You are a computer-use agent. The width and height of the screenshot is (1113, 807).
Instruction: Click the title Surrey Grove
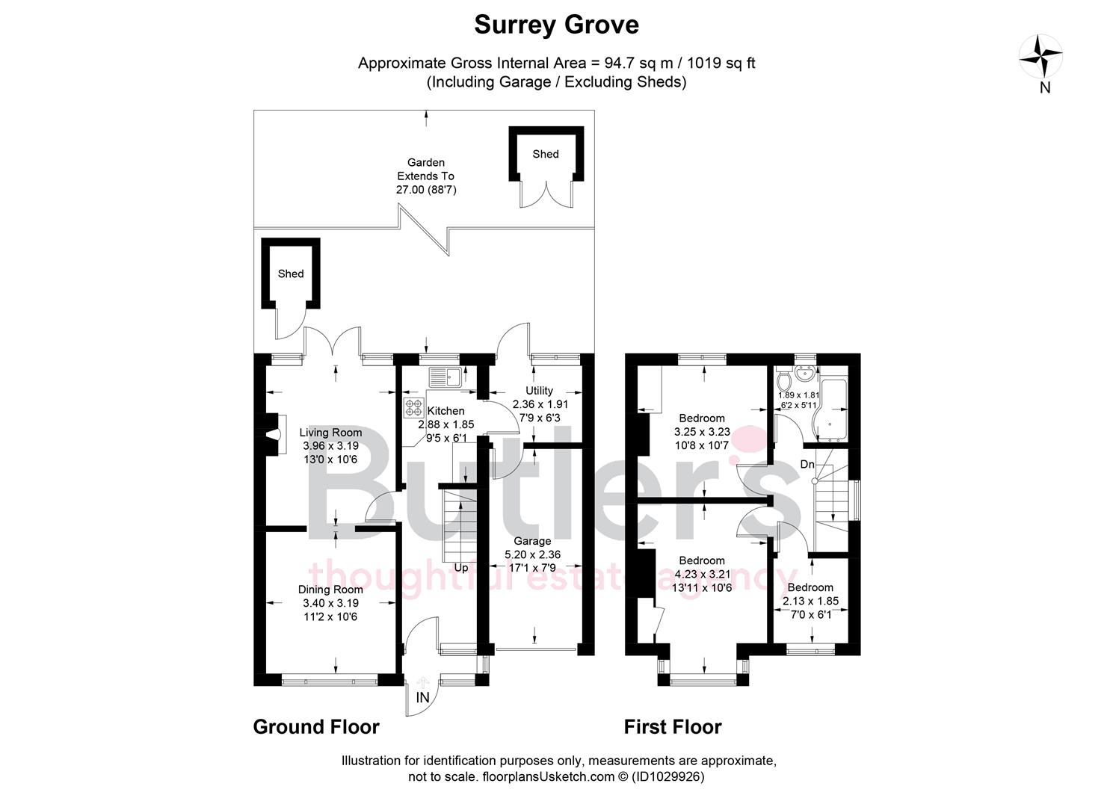[x=556, y=25]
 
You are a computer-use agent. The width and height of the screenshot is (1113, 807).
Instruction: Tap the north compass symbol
[x=1041, y=58]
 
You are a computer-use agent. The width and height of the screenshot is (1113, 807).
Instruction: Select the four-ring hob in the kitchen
[x=413, y=408]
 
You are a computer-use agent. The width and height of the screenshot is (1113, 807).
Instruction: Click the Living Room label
[x=330, y=433]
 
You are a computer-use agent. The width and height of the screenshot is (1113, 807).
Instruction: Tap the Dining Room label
[x=330, y=590]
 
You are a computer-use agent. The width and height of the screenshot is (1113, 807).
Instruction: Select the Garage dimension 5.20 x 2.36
[x=532, y=554]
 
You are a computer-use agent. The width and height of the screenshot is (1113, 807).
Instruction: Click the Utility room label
[x=539, y=391]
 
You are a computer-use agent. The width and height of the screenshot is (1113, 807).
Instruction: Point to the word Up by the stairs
[x=461, y=568]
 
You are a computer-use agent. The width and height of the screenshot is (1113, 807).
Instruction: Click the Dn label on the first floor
[x=807, y=464]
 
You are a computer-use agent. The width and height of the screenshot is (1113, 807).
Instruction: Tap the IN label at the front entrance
[x=422, y=697]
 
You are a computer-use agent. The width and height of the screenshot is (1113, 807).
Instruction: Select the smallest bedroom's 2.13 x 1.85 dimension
[x=810, y=601]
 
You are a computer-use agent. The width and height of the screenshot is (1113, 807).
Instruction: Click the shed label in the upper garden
[x=545, y=154]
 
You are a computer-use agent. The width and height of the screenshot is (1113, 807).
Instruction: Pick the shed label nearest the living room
[x=291, y=273]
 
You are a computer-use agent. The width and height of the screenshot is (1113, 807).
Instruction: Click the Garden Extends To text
[x=425, y=176]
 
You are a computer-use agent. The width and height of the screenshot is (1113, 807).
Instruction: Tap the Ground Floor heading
[x=316, y=726]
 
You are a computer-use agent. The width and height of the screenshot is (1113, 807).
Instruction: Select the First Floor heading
[x=673, y=726]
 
